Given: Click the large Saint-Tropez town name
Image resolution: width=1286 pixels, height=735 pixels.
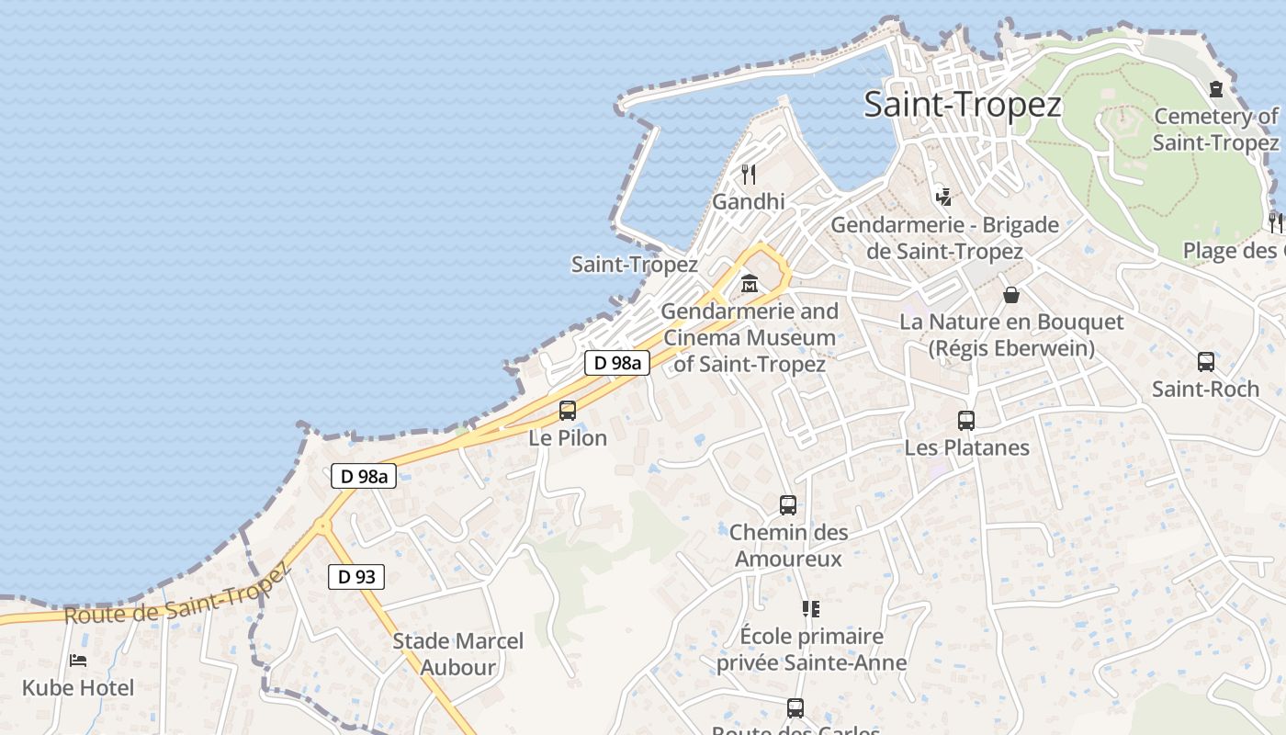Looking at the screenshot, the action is click(x=963, y=105).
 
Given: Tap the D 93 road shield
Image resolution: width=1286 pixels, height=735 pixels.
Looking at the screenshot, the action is click(x=356, y=577).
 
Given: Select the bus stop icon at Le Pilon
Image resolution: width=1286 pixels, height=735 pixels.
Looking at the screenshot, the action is click(x=568, y=410).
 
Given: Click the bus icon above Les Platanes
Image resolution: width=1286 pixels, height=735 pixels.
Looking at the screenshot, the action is click(x=966, y=421).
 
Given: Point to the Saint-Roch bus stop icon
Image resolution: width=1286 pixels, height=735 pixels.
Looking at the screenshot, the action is click(x=1206, y=362).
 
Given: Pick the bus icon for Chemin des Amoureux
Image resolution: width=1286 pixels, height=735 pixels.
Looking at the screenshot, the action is click(x=788, y=504).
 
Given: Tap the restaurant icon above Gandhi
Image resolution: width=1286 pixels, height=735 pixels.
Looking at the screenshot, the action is click(x=749, y=174).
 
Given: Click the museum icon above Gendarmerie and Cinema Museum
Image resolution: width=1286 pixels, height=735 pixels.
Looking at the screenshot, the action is click(x=750, y=284).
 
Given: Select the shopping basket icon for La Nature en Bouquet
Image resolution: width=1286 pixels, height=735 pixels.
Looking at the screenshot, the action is click(x=1011, y=295).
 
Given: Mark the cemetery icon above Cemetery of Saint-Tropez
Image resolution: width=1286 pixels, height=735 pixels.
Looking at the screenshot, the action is click(x=1216, y=89).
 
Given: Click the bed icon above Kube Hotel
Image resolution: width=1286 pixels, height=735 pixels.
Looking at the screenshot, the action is click(x=78, y=660).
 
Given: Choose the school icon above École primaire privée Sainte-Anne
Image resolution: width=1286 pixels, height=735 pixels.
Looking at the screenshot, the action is click(x=810, y=608).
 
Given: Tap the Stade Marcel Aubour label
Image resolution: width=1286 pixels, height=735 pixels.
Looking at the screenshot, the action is click(x=457, y=654).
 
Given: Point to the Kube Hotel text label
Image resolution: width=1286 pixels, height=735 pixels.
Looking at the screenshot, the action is click(x=78, y=687).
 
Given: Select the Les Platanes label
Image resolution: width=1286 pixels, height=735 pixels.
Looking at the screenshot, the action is click(x=967, y=448).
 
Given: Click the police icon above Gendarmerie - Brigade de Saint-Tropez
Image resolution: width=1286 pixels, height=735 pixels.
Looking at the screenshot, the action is click(x=943, y=196).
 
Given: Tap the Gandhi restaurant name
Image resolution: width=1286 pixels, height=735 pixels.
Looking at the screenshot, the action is click(x=749, y=201).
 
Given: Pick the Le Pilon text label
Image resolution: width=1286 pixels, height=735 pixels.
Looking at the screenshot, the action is click(x=568, y=438).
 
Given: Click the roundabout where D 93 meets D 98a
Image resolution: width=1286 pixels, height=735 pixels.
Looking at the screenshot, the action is click(x=321, y=526).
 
